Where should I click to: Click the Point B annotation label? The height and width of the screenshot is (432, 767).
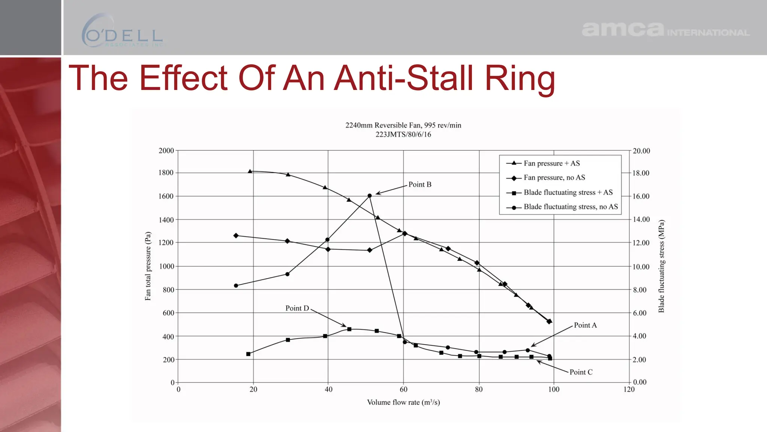pos(420,184)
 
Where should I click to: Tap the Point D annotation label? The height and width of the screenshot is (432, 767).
pos(297,308)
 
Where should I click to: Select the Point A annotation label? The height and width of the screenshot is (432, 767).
pos(585,325)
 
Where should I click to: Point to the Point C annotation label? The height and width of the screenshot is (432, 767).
pos(581,372)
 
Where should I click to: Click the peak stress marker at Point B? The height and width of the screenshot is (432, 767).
pos(370,196)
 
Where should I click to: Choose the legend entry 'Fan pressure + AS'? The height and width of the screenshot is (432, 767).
pos(551,163)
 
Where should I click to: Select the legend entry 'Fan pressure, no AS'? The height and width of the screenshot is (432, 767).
pos(554,177)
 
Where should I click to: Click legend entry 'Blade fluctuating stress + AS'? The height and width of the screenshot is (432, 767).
pos(568,192)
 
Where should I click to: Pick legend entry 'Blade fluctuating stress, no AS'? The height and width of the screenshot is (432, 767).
pos(570,207)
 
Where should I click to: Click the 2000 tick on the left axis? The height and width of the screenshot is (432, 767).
pos(166,151)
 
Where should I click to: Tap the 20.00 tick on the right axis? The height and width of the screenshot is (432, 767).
pos(641,151)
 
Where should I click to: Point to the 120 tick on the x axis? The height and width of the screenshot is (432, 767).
pos(629,389)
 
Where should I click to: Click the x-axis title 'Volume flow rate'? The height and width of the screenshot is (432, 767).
pos(403,402)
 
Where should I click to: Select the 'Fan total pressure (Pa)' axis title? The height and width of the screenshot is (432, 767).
pos(148,266)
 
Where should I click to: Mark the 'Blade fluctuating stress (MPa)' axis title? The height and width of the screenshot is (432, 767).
pos(661,266)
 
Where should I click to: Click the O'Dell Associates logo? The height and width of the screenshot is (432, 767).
pos(122,31)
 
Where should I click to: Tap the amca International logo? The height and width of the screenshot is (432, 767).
pos(665,30)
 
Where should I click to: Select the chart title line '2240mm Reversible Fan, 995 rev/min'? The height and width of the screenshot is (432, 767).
pos(403,125)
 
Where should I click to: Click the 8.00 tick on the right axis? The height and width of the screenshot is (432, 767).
pos(640,290)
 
